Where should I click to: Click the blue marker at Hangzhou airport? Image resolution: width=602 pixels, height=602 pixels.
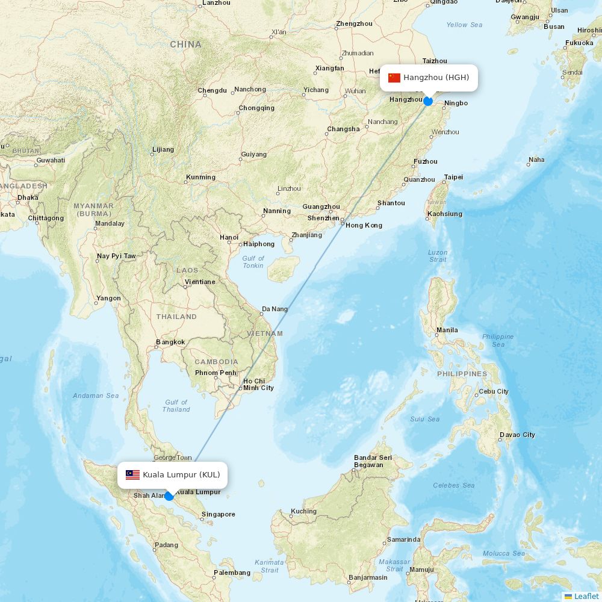[428, 101]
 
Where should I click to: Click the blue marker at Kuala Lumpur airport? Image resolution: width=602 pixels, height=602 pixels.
[169, 496]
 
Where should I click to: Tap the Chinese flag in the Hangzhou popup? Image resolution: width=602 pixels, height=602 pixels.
[394, 78]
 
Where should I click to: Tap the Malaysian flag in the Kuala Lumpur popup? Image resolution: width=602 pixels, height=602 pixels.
[133, 475]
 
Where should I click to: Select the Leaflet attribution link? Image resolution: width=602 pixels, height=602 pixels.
[586, 596]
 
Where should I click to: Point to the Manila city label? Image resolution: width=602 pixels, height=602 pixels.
[447, 330]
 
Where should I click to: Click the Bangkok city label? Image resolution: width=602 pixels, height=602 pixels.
[170, 342]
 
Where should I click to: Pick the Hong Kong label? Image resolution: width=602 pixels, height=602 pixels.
[364, 225]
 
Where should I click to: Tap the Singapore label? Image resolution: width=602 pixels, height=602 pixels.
[219, 514]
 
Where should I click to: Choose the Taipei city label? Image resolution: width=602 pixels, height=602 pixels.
[453, 177]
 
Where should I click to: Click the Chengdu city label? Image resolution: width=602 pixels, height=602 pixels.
[213, 90]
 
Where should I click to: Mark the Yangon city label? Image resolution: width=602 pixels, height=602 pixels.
[108, 298]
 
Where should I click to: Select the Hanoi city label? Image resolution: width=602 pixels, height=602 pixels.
[229, 237]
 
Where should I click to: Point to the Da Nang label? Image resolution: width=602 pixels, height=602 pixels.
[275, 309]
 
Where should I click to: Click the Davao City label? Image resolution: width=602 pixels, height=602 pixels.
[517, 435]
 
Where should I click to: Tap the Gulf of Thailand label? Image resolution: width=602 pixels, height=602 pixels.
[176, 406]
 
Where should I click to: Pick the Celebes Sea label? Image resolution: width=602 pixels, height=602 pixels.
[454, 485]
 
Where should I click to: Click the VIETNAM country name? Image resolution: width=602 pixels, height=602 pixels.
[264, 333]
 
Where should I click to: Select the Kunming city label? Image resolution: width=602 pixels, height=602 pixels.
[200, 177]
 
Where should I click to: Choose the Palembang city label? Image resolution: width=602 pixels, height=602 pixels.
[232, 573]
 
